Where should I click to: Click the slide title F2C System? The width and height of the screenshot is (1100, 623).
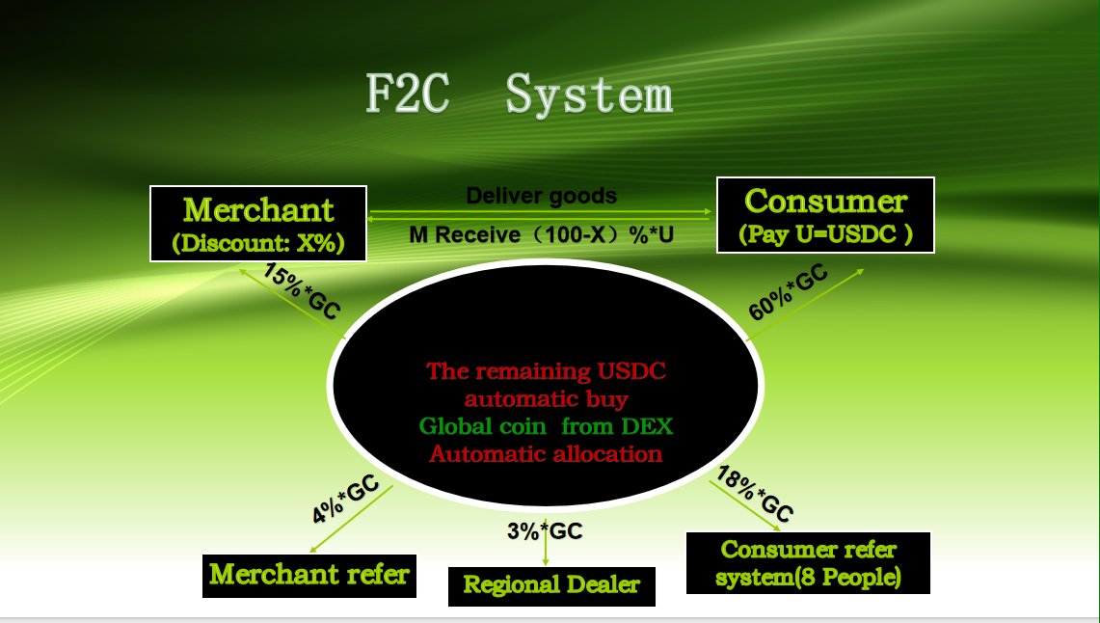coord(519,94)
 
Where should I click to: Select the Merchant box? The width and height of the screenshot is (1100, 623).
coord(258,224)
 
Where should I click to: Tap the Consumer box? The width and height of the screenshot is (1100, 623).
coord(825,215)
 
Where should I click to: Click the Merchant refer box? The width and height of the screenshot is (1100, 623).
coord(309,576)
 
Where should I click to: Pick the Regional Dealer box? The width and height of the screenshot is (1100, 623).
coord(551,586)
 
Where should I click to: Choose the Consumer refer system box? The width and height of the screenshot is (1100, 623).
coord(808,563)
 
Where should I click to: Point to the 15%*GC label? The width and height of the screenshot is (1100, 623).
coord(302,290)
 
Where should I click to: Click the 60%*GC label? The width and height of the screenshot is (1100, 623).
coord(788,292)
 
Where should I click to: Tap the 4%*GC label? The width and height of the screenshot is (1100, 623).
coord(345,499)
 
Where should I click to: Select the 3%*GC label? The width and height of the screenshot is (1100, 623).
coord(545,531)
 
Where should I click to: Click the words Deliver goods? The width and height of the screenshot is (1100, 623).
coord(542,196)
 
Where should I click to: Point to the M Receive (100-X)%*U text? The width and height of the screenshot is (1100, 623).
coord(542,234)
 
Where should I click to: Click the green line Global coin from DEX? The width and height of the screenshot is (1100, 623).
coord(546,426)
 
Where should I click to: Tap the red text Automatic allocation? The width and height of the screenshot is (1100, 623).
coord(546,454)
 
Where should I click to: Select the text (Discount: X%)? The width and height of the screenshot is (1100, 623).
coord(258,243)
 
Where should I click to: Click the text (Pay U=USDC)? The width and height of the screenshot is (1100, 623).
coord(825,233)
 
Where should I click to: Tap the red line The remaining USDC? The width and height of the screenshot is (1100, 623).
coord(546,370)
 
